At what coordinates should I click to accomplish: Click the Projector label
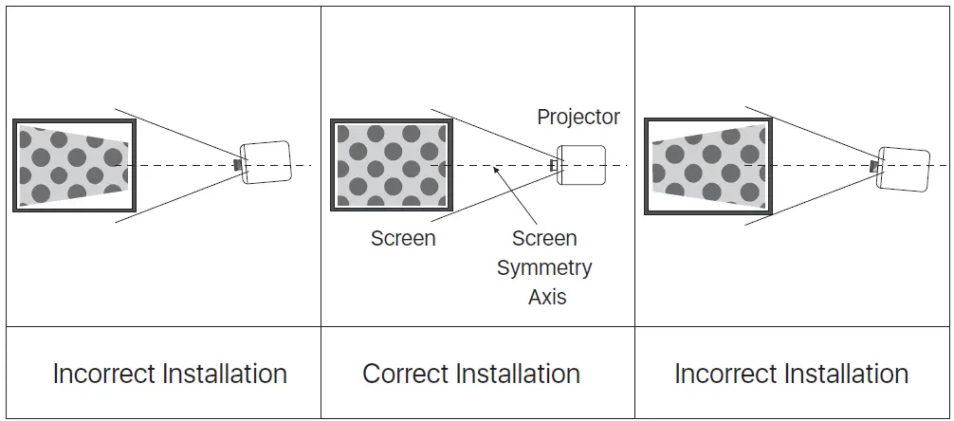click(578, 118)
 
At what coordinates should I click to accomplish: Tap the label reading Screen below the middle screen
click(403, 238)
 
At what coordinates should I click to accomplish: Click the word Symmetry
click(544, 268)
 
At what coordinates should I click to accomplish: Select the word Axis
click(547, 297)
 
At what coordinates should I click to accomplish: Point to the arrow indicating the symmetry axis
click(515, 196)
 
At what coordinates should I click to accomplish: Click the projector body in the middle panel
click(581, 165)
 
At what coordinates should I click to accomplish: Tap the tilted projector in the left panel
click(266, 162)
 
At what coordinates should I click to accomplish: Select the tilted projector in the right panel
click(903, 169)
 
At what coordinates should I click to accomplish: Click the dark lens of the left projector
click(238, 164)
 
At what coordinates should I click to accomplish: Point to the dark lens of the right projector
click(874, 166)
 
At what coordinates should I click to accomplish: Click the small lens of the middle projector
click(554, 165)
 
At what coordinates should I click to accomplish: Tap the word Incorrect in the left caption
click(104, 374)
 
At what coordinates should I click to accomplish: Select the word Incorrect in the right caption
click(725, 374)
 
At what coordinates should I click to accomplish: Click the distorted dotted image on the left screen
click(74, 166)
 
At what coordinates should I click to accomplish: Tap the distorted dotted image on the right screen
click(708, 167)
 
